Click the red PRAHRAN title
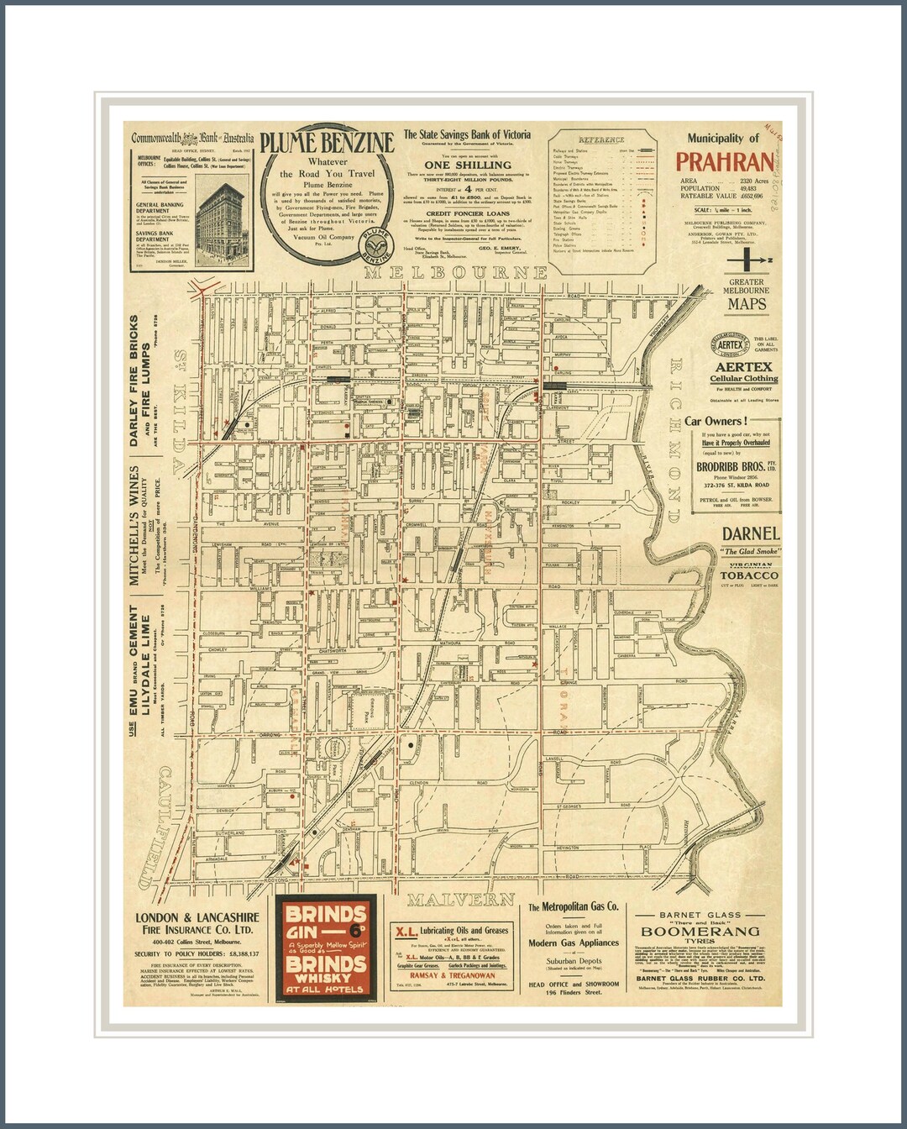724,162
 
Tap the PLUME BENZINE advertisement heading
327,143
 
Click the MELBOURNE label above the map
456,273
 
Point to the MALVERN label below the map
461,900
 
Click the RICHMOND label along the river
675,428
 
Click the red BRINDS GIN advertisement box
326,949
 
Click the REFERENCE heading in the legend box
601,139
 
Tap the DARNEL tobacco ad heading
751,533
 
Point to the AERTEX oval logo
730,344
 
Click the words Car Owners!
716,421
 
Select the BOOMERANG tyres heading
700,932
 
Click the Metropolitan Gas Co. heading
573,907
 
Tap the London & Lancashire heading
197,923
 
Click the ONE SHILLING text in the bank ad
467,165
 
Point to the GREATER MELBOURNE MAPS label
747,295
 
